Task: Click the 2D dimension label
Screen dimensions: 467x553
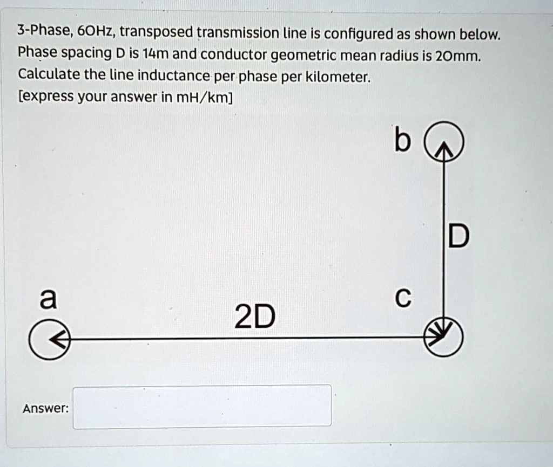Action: coord(254,317)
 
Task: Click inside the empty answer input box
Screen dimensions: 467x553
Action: coord(202,407)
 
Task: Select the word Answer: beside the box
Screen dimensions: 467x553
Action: coord(45,408)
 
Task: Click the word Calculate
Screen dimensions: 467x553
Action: coord(49,75)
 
